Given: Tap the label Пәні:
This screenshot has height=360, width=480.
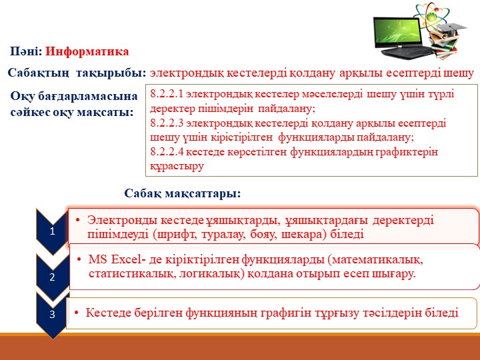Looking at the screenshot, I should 26,51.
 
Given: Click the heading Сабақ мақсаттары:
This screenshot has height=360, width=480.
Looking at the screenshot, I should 182,194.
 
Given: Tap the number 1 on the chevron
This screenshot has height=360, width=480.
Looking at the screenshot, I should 52,230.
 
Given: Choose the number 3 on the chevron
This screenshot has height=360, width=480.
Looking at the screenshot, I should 52,314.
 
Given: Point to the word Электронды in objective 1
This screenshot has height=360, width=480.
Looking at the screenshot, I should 119,220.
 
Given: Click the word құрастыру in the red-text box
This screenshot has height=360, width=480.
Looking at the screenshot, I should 177,166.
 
